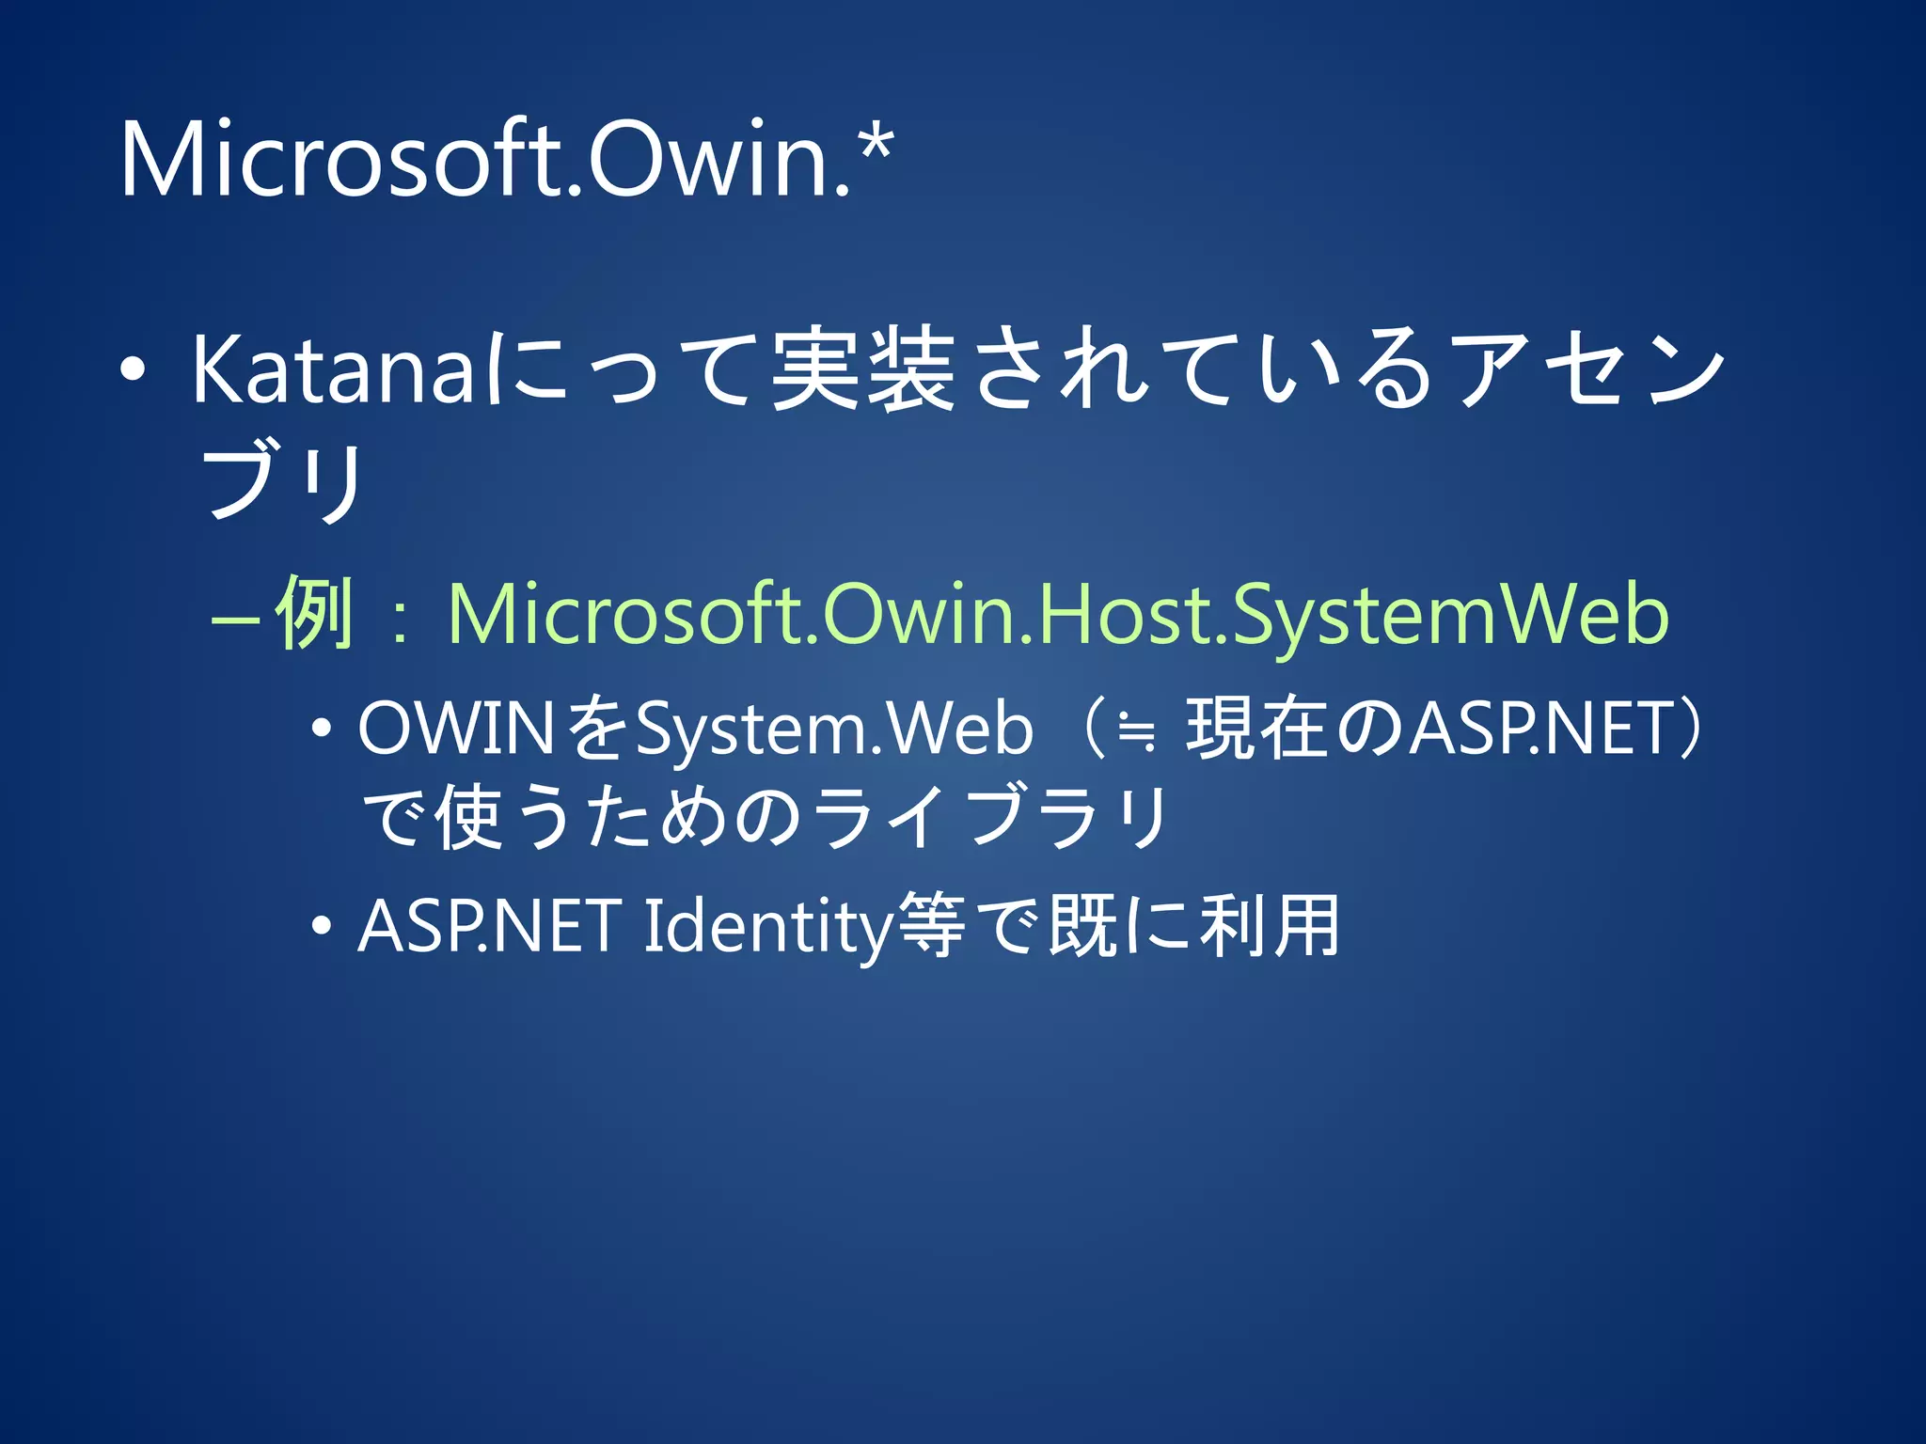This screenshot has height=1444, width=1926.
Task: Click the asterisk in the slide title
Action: pyautogui.click(x=875, y=150)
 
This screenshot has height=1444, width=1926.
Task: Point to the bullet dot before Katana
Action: pyautogui.click(x=133, y=370)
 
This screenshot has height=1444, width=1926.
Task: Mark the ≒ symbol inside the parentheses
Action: pyautogui.click(x=1136, y=730)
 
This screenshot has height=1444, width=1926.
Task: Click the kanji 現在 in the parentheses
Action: pyautogui.click(x=1256, y=729)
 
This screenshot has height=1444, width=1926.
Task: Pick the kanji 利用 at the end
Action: pyautogui.click(x=1270, y=926)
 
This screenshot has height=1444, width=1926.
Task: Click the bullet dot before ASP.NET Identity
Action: pyautogui.click(x=322, y=927)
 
